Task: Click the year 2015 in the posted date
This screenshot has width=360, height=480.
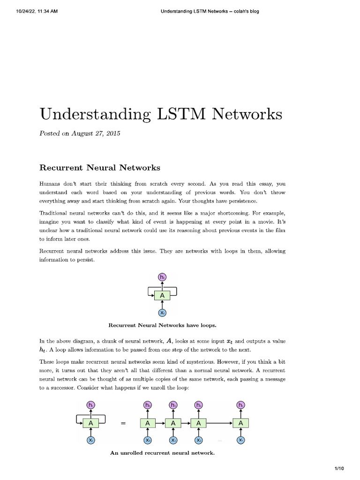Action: [x=112, y=134]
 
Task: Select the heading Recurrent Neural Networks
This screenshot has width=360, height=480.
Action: [x=99, y=167]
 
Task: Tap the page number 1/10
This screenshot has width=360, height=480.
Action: [x=339, y=468]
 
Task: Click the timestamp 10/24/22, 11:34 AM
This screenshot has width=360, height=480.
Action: [x=30, y=12]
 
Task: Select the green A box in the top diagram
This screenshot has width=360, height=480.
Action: [x=162, y=295]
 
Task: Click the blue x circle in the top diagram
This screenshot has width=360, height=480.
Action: [x=162, y=313]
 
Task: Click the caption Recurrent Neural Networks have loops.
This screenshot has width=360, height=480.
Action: [x=162, y=325]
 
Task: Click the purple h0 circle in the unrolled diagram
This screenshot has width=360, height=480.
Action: [x=148, y=405]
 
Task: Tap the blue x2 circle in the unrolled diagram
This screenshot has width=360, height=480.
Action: [x=199, y=440]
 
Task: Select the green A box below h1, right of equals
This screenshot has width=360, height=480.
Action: [x=173, y=423]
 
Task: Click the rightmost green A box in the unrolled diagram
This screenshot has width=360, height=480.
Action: [x=241, y=423]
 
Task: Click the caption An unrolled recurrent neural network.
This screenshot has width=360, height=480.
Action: [x=162, y=453]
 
